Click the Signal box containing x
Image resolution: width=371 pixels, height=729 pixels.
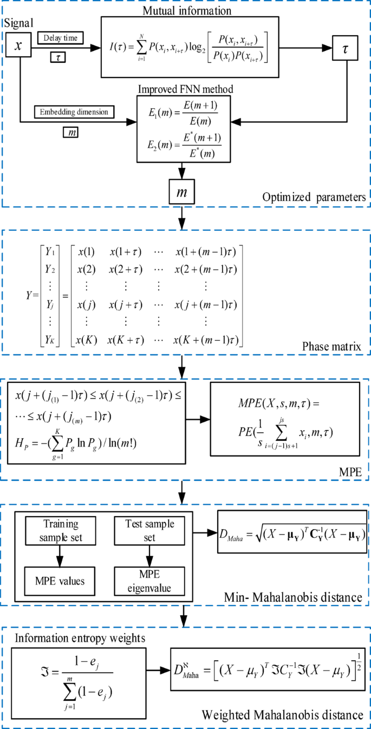point(19,47)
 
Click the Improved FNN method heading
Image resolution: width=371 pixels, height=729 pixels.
point(185,89)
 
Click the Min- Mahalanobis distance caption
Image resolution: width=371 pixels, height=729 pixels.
point(293,597)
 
